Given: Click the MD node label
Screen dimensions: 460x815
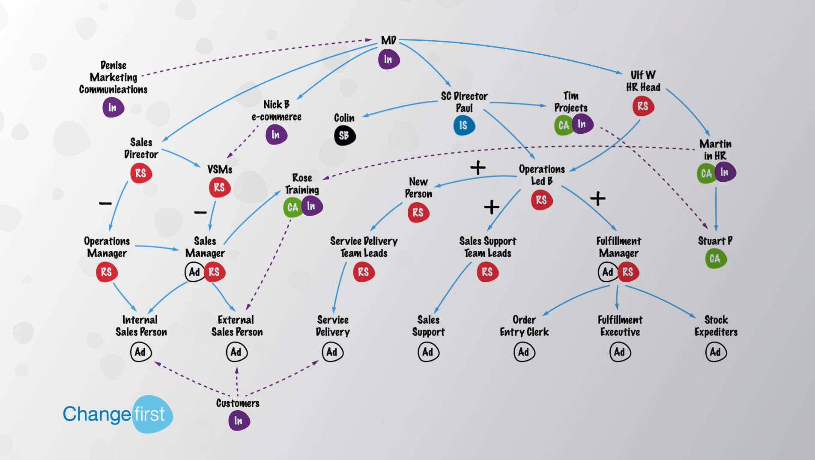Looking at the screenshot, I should (x=388, y=40).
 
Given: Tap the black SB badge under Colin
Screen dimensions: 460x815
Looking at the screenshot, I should (x=344, y=136).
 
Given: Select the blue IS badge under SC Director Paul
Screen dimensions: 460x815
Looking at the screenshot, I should (x=463, y=125).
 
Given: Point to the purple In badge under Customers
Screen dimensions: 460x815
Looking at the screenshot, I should (x=239, y=421).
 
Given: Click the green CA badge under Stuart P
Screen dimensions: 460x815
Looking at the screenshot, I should (x=715, y=259).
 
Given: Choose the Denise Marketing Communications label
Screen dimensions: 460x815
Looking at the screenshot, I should (x=113, y=77).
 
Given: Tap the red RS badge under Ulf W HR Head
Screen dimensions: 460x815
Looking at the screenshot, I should (x=643, y=106).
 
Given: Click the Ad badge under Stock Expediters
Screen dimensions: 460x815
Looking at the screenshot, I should (x=715, y=352).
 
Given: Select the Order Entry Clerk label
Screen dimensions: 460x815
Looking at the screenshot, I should (x=524, y=326).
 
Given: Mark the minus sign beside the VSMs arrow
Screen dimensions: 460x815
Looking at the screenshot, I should (x=200, y=212).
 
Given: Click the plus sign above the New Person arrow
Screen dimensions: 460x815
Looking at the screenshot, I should (x=478, y=167).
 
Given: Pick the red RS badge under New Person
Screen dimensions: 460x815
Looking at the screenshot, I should (x=418, y=213).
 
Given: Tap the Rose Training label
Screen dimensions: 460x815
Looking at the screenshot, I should (x=302, y=183).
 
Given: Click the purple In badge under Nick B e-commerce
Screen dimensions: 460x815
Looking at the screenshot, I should (x=276, y=135).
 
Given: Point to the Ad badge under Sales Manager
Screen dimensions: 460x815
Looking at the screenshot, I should (x=194, y=272).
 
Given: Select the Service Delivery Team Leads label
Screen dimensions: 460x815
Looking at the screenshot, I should (x=364, y=247).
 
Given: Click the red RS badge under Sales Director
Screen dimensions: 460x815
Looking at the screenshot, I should (x=141, y=173).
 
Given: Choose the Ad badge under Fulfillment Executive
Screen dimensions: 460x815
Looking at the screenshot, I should (x=619, y=352).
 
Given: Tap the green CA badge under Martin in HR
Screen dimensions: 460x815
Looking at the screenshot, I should (x=706, y=174).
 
